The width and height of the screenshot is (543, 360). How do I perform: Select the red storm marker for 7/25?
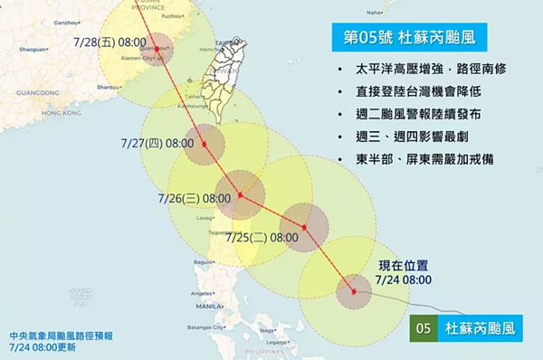click(x=304, y=226)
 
